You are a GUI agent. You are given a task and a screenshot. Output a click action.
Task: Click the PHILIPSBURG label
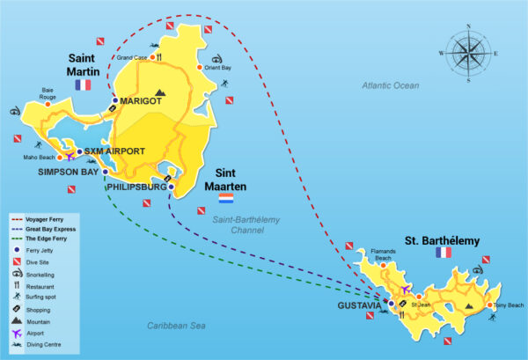coord(136,187)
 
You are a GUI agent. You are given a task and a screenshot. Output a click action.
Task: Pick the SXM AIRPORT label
coord(114,151)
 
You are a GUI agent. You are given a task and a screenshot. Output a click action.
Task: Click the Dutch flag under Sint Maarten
coord(226,209)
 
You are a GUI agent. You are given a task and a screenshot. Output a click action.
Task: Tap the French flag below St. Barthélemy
coord(442,253)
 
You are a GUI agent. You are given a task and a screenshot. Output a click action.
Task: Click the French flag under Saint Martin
coord(84,84)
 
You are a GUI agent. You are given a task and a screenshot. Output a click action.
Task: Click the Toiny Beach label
coord(509,305)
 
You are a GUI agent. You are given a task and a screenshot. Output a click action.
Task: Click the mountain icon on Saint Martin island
coord(159,92)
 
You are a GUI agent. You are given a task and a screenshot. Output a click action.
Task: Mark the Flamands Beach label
coord(384,254)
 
